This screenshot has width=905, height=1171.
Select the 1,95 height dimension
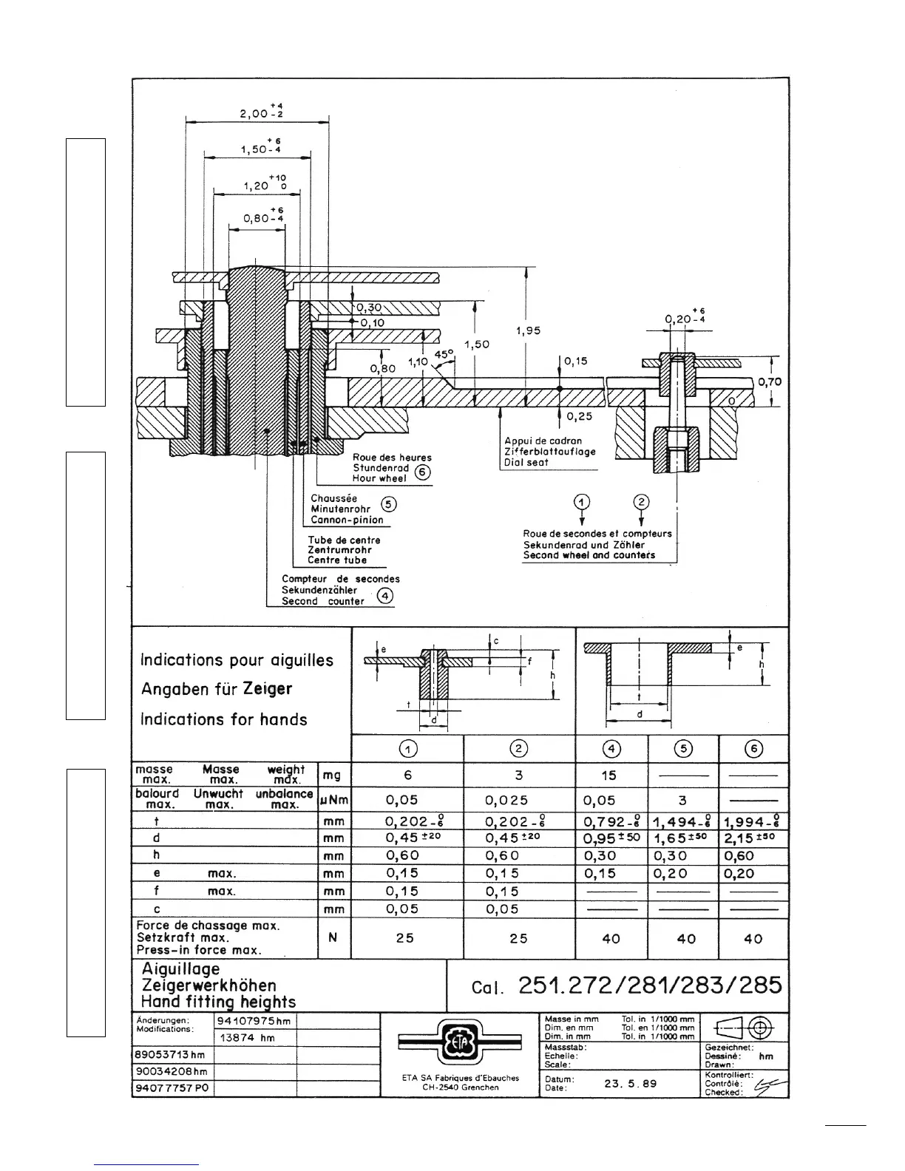tap(529, 330)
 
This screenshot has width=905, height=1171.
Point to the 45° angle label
tap(443, 355)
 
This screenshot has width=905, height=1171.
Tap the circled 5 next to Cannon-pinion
tap(389, 504)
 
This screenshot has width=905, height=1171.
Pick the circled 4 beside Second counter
tap(384, 596)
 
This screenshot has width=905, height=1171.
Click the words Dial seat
tap(526, 462)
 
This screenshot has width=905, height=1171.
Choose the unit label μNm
tap(333, 799)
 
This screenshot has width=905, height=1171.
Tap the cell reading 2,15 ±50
tap(753, 838)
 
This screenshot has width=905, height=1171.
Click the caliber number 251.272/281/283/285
tap(650, 985)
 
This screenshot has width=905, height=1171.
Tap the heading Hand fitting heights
tap(218, 1002)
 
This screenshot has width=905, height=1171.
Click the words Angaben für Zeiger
tap(217, 689)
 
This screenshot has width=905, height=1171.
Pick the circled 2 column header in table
tap(519, 748)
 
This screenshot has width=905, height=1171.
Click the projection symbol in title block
tap(744, 1027)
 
